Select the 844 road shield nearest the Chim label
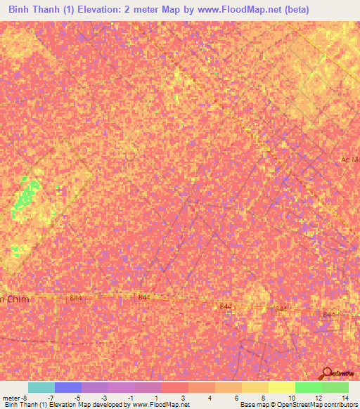click(76, 299)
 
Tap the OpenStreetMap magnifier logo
click(327, 374)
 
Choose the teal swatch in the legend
click(41, 387)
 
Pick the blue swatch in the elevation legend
click(68, 387)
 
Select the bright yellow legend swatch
click(282, 387)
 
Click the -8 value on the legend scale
click(27, 397)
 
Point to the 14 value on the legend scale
click(345, 397)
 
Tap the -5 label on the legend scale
click(78, 397)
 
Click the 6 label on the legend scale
click(237, 397)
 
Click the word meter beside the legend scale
click(11, 397)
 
